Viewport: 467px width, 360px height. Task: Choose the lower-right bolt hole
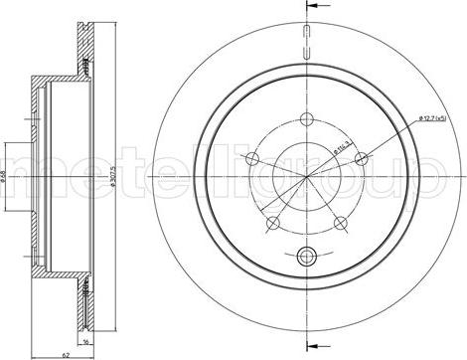(340, 221)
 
